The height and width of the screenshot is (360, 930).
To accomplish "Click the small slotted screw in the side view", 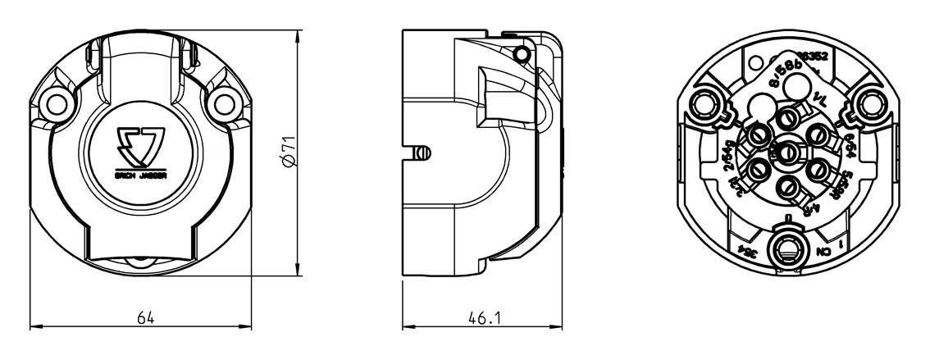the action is coord(420,153).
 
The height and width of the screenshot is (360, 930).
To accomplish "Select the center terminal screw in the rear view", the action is coord(786,152).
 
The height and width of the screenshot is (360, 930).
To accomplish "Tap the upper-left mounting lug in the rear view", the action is coord(707,105).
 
